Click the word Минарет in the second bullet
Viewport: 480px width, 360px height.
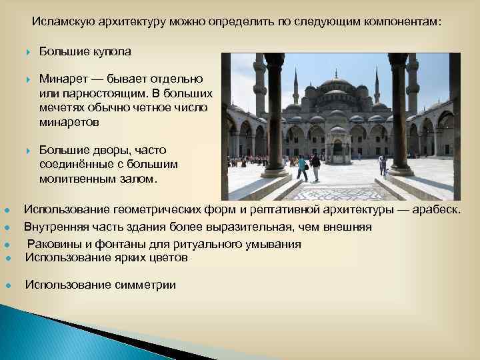62,79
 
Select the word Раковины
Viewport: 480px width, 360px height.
53,244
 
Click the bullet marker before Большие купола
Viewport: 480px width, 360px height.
28,52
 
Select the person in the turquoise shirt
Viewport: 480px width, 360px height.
303,167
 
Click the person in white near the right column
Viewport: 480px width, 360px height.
383,165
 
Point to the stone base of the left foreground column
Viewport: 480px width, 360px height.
274,173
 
